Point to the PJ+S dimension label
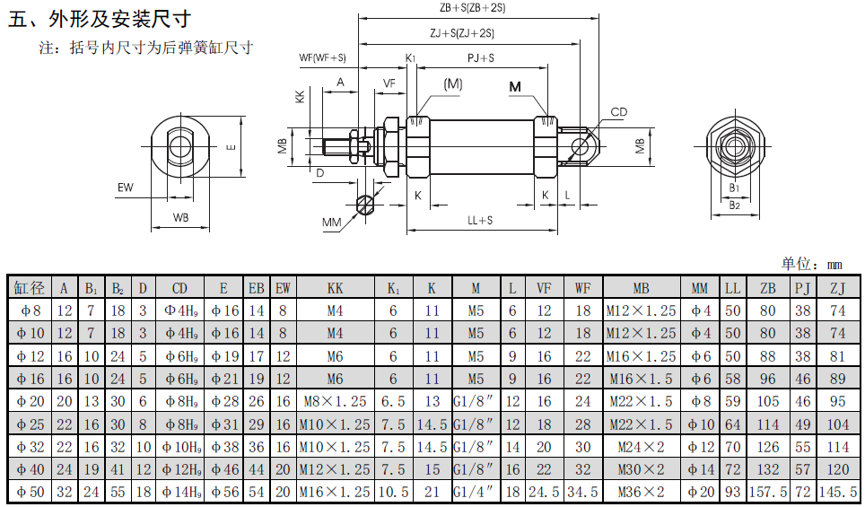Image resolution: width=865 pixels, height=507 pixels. [x=481, y=58]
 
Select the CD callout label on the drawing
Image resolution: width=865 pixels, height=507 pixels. [x=619, y=112]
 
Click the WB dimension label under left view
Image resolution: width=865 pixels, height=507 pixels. [x=180, y=217]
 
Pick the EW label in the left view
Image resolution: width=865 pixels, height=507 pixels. [x=125, y=188]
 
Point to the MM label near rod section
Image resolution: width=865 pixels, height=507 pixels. [x=332, y=221]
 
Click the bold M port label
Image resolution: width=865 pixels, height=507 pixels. [x=515, y=87]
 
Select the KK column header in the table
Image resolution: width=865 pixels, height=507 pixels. [x=335, y=288]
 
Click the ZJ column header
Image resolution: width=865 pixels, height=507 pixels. [x=837, y=288]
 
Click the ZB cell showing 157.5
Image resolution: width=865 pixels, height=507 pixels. [x=768, y=492]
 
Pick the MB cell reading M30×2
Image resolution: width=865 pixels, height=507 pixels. [x=641, y=468]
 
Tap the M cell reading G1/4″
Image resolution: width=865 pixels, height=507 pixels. [x=476, y=492]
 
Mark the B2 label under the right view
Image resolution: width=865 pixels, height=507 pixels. [x=734, y=205]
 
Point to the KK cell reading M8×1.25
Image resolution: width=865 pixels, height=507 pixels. [x=335, y=401]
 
